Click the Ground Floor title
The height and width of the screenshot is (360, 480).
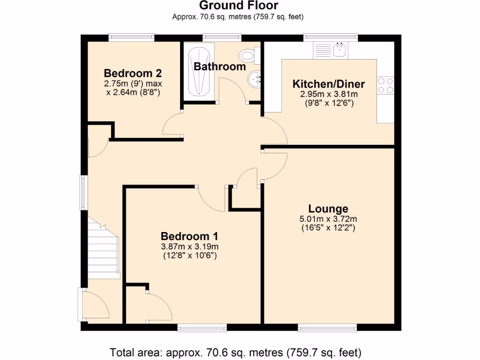[x=239, y=6]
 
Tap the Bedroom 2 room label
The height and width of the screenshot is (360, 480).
[x=133, y=74]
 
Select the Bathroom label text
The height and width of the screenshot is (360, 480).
[x=220, y=67]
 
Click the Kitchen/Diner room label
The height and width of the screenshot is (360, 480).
[x=328, y=84]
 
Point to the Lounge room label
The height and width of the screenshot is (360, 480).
[x=328, y=209]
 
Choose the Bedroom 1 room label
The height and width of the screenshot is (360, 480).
[x=189, y=236]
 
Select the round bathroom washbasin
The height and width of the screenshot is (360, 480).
[x=255, y=79]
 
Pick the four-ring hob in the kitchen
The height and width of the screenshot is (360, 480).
[x=386, y=85]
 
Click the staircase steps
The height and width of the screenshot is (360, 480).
[x=102, y=248]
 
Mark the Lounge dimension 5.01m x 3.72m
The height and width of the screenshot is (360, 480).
[x=328, y=219]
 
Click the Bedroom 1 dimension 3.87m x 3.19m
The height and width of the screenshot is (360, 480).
[x=189, y=247]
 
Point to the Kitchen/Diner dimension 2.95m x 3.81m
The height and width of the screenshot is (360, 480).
[x=328, y=94]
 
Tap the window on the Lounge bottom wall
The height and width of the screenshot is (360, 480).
[x=327, y=328]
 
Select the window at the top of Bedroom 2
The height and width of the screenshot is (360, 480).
[x=131, y=37]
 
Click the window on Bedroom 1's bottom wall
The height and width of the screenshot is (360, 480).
[x=202, y=328]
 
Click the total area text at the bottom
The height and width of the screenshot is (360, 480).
[x=235, y=352]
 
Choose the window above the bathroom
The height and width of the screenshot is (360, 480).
[x=222, y=37]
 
